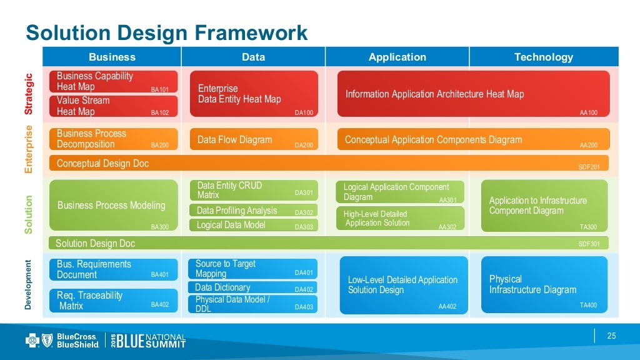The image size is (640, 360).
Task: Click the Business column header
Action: click(x=112, y=57)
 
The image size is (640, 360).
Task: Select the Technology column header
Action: click(x=543, y=57)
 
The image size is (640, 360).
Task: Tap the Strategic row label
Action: click(x=28, y=94)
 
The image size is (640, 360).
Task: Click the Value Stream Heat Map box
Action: click(x=113, y=106)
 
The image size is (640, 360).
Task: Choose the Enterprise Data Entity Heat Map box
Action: click(x=253, y=94)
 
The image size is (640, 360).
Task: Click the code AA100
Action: click(x=588, y=113)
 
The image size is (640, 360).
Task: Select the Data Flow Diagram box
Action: click(x=253, y=140)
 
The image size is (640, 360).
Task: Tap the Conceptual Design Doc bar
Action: click(x=328, y=164)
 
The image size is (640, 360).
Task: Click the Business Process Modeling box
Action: click(x=113, y=206)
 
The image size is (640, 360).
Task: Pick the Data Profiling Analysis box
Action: click(x=253, y=211)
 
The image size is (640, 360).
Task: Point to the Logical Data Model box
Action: click(x=253, y=225)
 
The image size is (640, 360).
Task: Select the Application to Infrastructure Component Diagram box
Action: click(x=544, y=206)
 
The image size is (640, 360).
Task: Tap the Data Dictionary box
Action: click(x=252, y=288)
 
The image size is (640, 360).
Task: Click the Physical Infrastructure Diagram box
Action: click(x=544, y=284)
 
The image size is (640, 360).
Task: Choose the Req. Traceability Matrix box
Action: click(x=113, y=301)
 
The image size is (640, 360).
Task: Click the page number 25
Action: click(x=612, y=336)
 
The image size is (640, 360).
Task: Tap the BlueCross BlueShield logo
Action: click(x=62, y=340)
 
